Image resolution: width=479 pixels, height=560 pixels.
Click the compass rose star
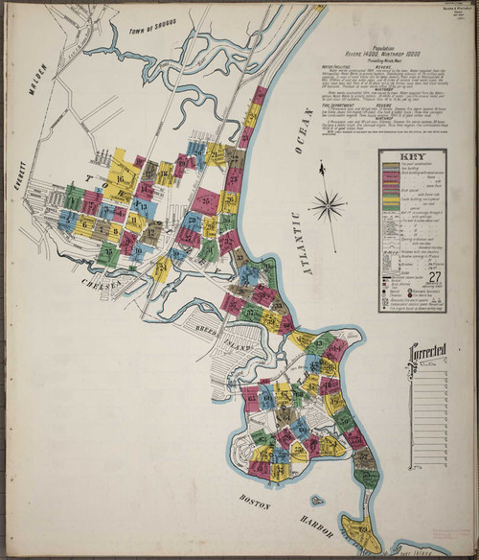tap(328, 204)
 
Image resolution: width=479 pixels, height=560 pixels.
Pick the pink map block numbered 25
tap(204, 199)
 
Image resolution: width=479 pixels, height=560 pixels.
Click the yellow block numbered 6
tap(84, 226)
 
